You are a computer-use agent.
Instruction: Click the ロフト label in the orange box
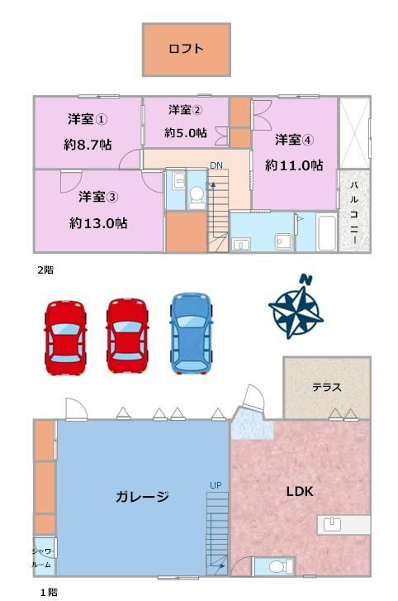(x=186, y=49)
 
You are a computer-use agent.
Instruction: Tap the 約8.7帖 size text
(x=88, y=145)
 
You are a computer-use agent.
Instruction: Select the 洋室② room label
(x=186, y=110)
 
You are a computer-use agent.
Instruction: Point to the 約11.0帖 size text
(x=294, y=165)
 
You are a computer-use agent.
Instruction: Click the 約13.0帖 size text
(x=98, y=223)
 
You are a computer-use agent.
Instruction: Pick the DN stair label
(x=216, y=165)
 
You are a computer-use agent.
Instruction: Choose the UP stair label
(x=216, y=485)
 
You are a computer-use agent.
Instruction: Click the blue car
(x=191, y=333)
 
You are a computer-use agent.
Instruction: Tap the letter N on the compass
(x=306, y=279)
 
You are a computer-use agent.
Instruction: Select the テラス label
(x=327, y=387)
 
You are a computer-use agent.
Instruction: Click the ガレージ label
(x=142, y=496)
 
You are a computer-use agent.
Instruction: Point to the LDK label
(x=300, y=491)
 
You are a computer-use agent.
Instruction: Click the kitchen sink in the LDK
(x=332, y=524)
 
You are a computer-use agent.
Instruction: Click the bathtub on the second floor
(x=327, y=233)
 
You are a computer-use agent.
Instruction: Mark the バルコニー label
(x=354, y=212)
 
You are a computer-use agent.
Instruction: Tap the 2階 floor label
(x=45, y=270)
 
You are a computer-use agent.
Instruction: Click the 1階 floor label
(x=49, y=592)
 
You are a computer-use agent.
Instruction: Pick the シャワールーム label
(x=43, y=558)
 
